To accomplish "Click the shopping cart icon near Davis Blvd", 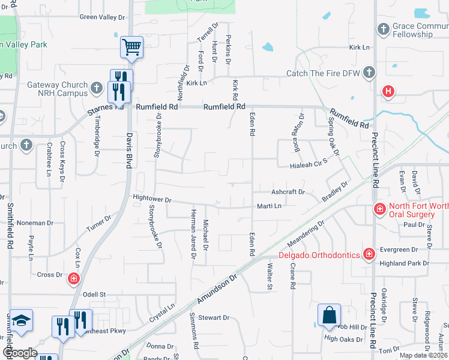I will (131, 47).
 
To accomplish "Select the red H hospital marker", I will (389, 91).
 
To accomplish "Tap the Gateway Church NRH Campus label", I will (57, 89).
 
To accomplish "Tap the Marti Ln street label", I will (269, 206).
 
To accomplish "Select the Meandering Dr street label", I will (305, 233).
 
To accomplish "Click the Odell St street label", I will (94, 295).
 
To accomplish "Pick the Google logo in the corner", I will (20, 353).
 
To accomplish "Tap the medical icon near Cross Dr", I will (73, 279).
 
